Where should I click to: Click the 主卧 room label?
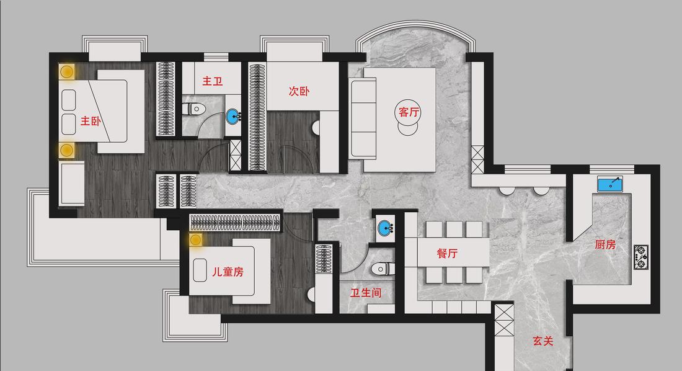[91, 122]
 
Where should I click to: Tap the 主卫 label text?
[213, 81]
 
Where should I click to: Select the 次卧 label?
[299, 92]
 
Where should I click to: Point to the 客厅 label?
[409, 112]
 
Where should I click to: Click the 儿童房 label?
[228, 272]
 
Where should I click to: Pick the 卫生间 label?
[366, 292]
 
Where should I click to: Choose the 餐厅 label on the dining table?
[448, 254]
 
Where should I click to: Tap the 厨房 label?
[605, 245]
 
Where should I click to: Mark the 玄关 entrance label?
[542, 341]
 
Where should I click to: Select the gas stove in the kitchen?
[641, 256]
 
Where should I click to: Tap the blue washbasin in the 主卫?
[233, 115]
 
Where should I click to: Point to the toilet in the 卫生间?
[380, 269]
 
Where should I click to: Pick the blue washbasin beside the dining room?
[386, 228]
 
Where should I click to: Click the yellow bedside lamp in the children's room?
[196, 239]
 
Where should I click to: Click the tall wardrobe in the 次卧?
[257, 117]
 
